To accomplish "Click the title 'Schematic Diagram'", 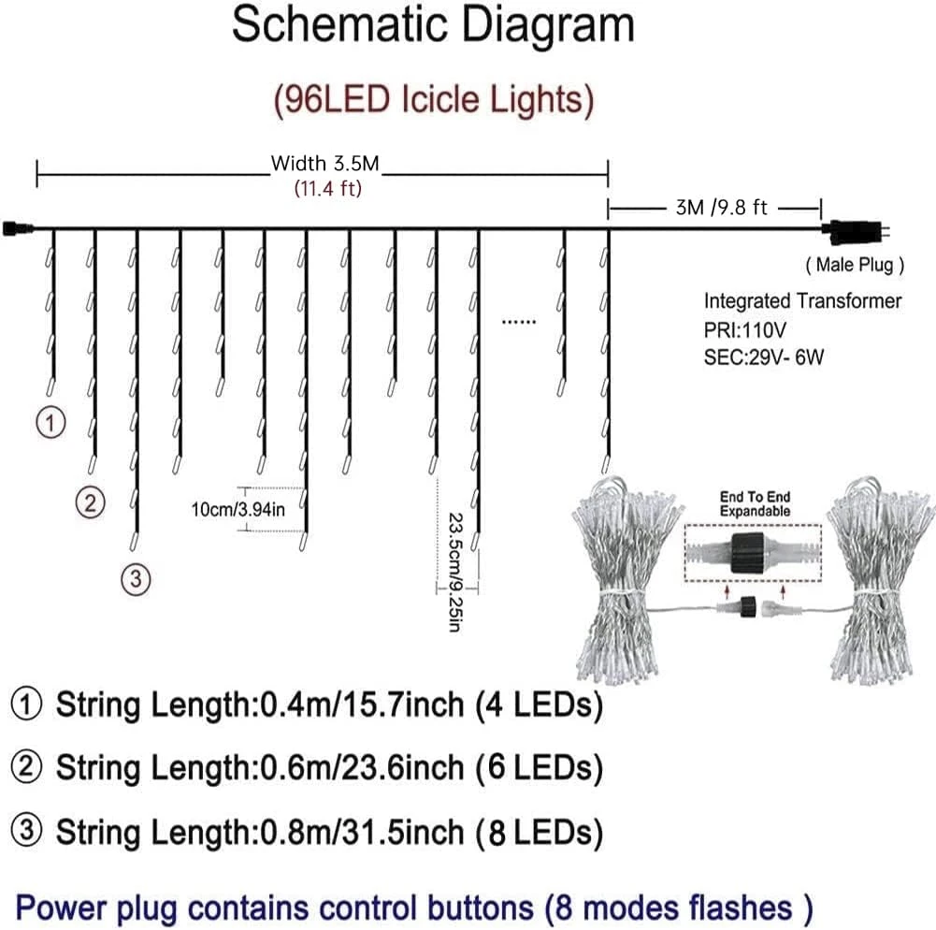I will click(x=433, y=26).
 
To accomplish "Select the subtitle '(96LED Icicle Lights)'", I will click(x=433, y=99).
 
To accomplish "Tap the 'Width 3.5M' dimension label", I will click(x=324, y=165).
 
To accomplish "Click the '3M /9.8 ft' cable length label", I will click(x=721, y=208).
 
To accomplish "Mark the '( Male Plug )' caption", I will click(x=855, y=265).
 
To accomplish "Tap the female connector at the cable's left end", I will click(x=17, y=227).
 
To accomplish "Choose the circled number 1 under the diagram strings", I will click(x=51, y=423).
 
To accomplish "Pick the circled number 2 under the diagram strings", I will click(x=90, y=502).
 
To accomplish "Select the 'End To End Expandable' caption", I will click(x=755, y=504).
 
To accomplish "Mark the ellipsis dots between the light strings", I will click(x=519, y=321).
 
